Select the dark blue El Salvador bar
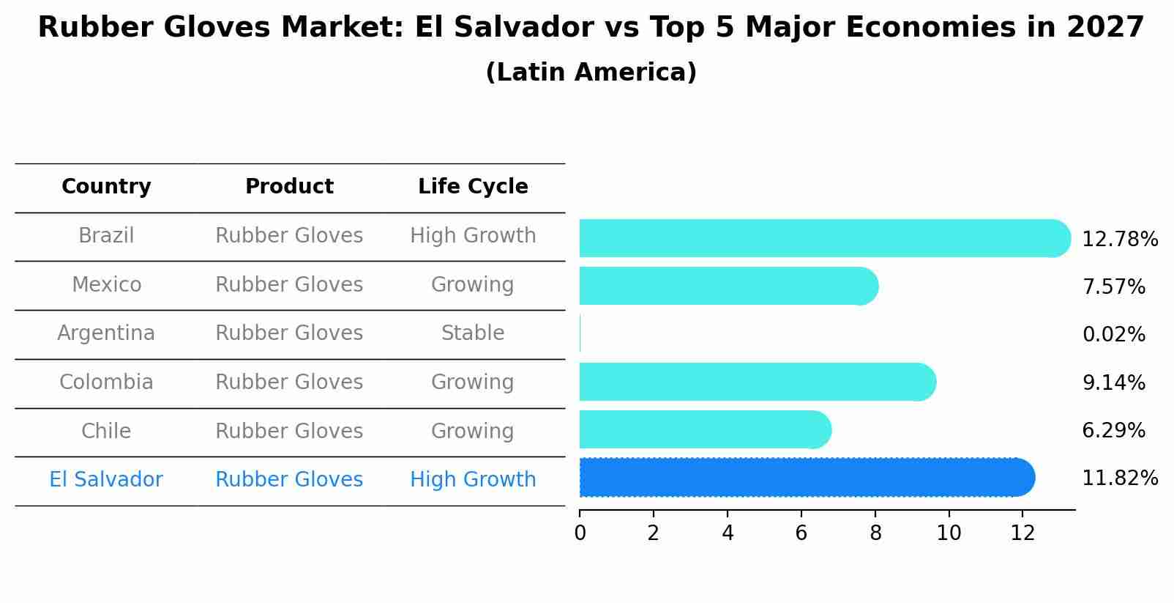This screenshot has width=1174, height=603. point(805,478)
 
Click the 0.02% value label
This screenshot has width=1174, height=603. point(1113,335)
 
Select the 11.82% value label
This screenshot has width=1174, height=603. point(1119,478)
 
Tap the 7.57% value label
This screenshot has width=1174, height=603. point(1113,286)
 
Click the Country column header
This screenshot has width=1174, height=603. point(106,187)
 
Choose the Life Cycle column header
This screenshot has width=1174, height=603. point(473,187)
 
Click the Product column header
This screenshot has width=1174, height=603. point(289,187)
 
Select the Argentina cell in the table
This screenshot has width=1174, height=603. point(106,333)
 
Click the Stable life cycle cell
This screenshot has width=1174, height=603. point(473,333)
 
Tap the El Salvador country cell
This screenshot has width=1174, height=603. point(106,480)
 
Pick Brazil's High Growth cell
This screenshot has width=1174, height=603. point(473,236)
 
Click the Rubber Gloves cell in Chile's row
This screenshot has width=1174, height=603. point(289,431)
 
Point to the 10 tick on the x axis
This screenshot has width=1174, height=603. point(949,533)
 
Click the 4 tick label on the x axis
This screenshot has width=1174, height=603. point(727,533)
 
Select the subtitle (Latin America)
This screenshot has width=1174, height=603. point(591,73)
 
